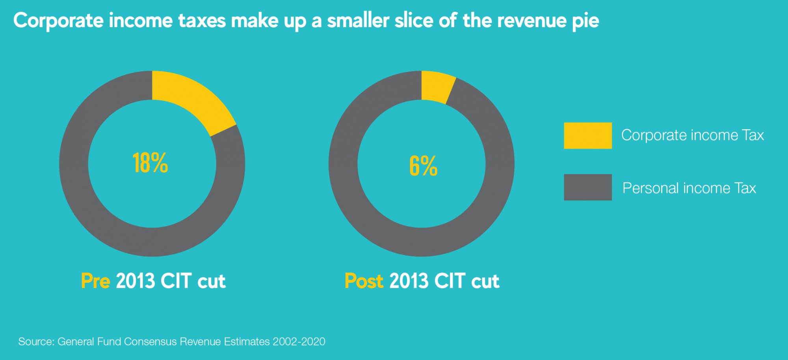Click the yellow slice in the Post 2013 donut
437,87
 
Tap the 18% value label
150,163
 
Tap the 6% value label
423,165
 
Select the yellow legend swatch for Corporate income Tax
587,135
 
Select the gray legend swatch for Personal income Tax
587,187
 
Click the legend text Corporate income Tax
692,135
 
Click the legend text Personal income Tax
689,188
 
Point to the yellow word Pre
95,281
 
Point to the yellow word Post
364,281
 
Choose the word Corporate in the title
58,20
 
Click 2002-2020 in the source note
299,341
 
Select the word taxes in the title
202,20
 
